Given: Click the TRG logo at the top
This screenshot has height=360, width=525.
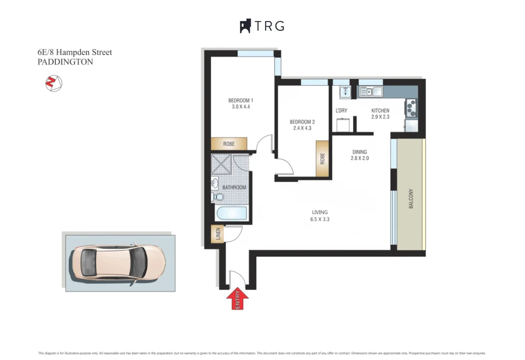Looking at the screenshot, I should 262,26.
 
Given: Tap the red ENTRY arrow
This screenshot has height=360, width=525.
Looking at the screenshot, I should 237,298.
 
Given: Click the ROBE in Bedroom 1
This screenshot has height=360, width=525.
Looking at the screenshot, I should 229,144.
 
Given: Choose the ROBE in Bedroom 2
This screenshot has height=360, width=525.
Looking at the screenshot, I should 322,159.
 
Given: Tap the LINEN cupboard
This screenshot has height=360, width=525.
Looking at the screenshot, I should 218,235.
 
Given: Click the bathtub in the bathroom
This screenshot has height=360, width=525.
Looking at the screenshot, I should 231,214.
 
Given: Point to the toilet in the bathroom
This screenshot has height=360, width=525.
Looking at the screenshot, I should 217,197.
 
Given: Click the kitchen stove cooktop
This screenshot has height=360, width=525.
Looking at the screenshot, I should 411,107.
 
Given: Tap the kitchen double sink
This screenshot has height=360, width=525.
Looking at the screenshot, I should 371,92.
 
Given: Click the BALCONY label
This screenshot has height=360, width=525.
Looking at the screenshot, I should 411,199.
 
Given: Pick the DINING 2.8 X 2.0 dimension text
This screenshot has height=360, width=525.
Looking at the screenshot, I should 360,158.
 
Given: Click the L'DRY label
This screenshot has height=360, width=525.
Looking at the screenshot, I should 341,111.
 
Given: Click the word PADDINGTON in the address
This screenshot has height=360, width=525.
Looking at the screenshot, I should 66,62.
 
